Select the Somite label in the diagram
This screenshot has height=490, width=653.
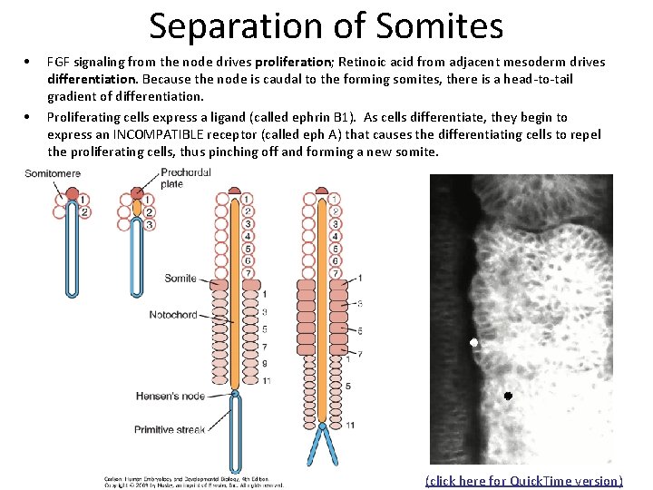tap(180, 279)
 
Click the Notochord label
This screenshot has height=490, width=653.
tap(172, 315)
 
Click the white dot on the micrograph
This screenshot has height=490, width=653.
tap(473, 343)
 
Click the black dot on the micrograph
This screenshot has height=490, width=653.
tap(508, 397)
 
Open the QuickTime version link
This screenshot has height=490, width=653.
tap(523, 481)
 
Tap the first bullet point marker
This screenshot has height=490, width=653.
tap(30, 63)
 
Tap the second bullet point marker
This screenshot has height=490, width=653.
tap(30, 117)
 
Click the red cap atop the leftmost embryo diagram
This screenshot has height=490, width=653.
tap(73, 193)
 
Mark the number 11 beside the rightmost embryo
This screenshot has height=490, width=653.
tap(350, 424)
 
